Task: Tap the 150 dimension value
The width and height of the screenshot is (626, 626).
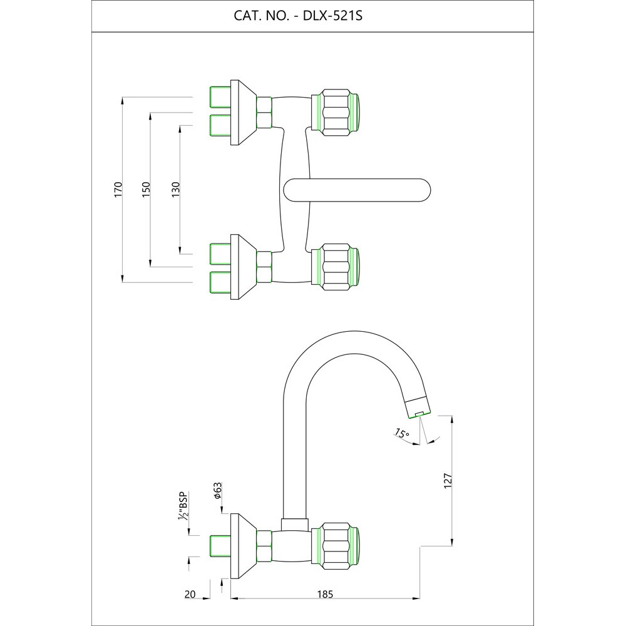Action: [146, 190]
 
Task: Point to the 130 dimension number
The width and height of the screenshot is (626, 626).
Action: [175, 190]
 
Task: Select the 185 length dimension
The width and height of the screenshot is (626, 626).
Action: [325, 594]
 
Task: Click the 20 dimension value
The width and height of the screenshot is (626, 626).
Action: [192, 594]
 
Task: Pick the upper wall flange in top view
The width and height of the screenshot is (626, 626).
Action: [242, 113]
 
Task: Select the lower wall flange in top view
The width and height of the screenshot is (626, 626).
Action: [242, 267]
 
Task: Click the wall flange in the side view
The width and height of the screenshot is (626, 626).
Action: [242, 545]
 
